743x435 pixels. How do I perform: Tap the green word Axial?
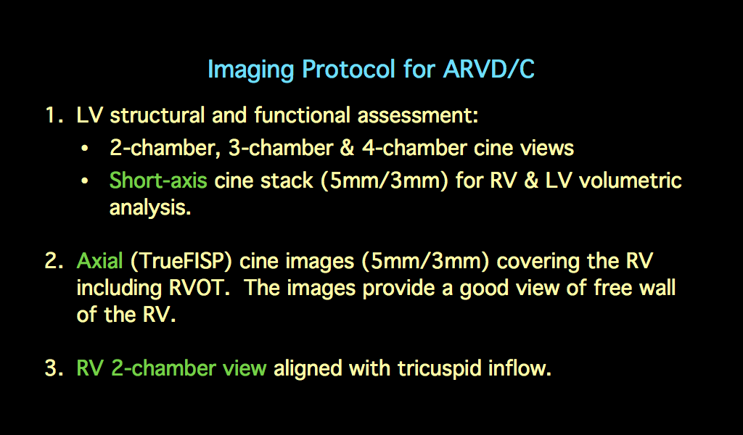coord(99,261)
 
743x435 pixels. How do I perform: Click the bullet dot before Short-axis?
coord(86,181)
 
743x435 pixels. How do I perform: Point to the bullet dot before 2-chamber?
coord(86,149)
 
